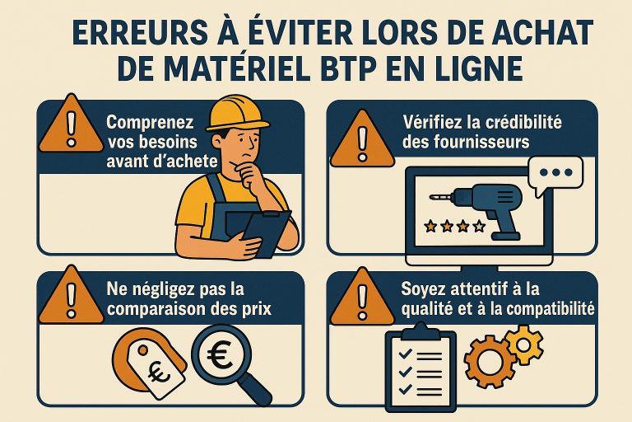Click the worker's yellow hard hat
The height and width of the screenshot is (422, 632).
[238, 114]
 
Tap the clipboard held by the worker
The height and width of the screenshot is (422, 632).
[267, 232]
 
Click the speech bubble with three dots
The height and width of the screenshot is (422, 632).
[555, 176]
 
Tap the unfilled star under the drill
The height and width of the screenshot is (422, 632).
[479, 226]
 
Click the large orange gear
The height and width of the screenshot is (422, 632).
[490, 362]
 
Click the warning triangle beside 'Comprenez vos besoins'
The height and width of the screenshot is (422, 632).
[72, 126]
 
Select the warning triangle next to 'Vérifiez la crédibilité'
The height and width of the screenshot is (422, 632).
[362, 140]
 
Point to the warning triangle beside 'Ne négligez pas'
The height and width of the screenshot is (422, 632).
[72, 297]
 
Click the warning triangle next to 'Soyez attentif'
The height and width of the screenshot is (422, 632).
[362, 298]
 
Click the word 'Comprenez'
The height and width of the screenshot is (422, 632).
[151, 123]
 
